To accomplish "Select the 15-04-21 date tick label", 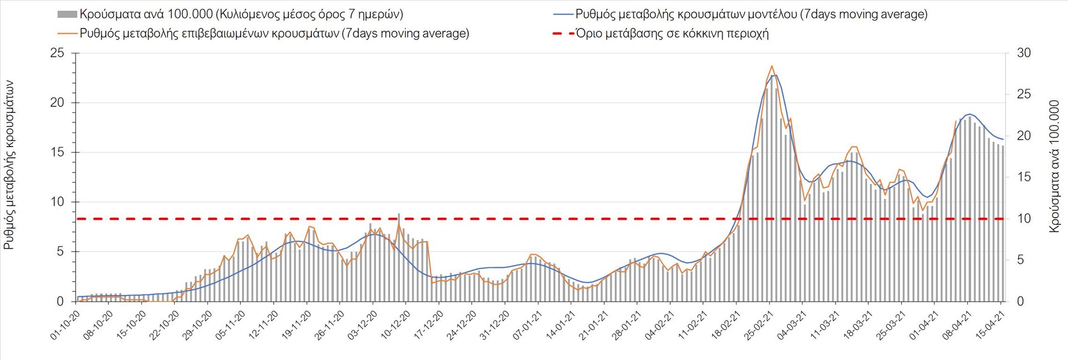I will pos(991,324).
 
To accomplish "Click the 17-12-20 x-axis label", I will pos(428,324).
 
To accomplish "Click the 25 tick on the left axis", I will pos(57,53).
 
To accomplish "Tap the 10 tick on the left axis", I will pos(57,202).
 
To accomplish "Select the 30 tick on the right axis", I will pos(1023,53).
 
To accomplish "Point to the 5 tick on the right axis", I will pos(1020,260).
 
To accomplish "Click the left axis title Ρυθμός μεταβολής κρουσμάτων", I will pos(9,165).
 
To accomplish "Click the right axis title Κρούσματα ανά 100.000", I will pos(1055,165).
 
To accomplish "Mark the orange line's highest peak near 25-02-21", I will pos(772,66).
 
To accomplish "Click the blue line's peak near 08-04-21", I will pos(969,114).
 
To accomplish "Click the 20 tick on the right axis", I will pos(1023,136).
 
